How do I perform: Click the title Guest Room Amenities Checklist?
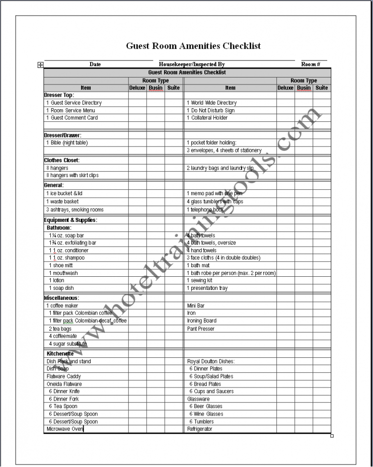[193, 46]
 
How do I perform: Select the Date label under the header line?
[95, 64]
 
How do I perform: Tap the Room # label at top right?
[311, 64]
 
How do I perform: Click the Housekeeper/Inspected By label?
[192, 64]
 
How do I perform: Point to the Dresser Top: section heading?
[59, 95]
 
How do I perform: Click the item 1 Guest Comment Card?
[72, 118]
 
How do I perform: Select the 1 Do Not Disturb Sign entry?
[210, 110]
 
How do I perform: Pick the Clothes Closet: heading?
[62, 161]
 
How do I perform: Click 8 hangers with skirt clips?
[72, 176]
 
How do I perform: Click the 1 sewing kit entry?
[199, 280]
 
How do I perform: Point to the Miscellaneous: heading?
[61, 298]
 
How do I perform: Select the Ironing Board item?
[202, 321]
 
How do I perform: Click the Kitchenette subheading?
[60, 354]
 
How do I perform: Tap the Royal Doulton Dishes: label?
[211, 361]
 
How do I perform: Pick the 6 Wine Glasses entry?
[206, 414]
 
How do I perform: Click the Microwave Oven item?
[65, 429]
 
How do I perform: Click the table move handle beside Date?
[40, 64]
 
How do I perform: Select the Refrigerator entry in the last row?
[200, 429]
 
